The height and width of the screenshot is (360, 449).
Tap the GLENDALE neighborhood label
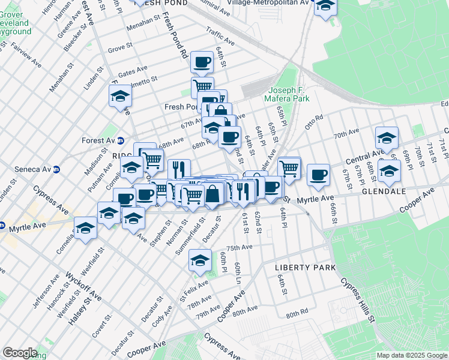tap(384, 191)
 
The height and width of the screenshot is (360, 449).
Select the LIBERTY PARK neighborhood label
tap(304, 266)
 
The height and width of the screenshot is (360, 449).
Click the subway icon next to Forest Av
tap(120, 141)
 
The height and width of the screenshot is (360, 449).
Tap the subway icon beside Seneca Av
tap(56, 170)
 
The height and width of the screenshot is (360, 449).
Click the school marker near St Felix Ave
tap(200, 260)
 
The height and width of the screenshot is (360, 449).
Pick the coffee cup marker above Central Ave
tap(318, 175)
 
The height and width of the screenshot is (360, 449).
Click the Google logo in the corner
tap(20, 352)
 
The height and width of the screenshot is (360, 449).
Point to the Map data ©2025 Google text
tap(411, 355)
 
